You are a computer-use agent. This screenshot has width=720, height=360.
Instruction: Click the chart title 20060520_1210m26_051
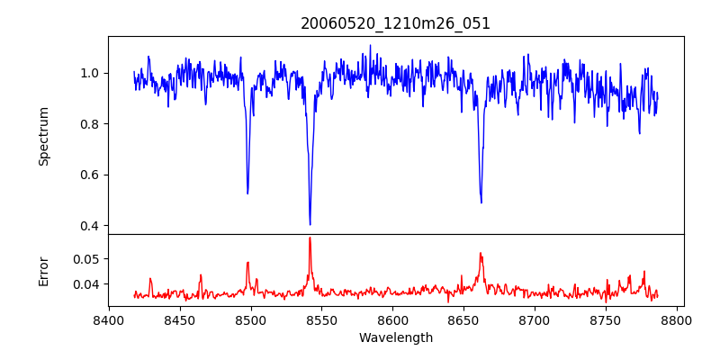click(395, 23)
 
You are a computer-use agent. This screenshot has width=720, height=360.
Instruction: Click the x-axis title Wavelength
click(395, 338)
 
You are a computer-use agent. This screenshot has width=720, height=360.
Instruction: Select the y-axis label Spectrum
click(43, 136)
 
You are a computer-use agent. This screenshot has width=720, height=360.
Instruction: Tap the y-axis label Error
click(43, 271)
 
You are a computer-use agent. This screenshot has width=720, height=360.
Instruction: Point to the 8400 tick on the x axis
click(109, 319)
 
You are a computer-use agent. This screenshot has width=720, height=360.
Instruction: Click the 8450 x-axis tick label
click(180, 319)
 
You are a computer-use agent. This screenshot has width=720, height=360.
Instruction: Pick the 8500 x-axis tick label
click(251, 319)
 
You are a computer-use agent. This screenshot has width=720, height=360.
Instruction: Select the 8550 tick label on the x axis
click(322, 319)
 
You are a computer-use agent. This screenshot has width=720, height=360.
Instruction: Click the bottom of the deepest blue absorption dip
click(310, 224)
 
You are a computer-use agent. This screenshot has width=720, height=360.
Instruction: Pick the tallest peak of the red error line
click(310, 238)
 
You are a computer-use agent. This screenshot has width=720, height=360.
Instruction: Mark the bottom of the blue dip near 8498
click(247, 193)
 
